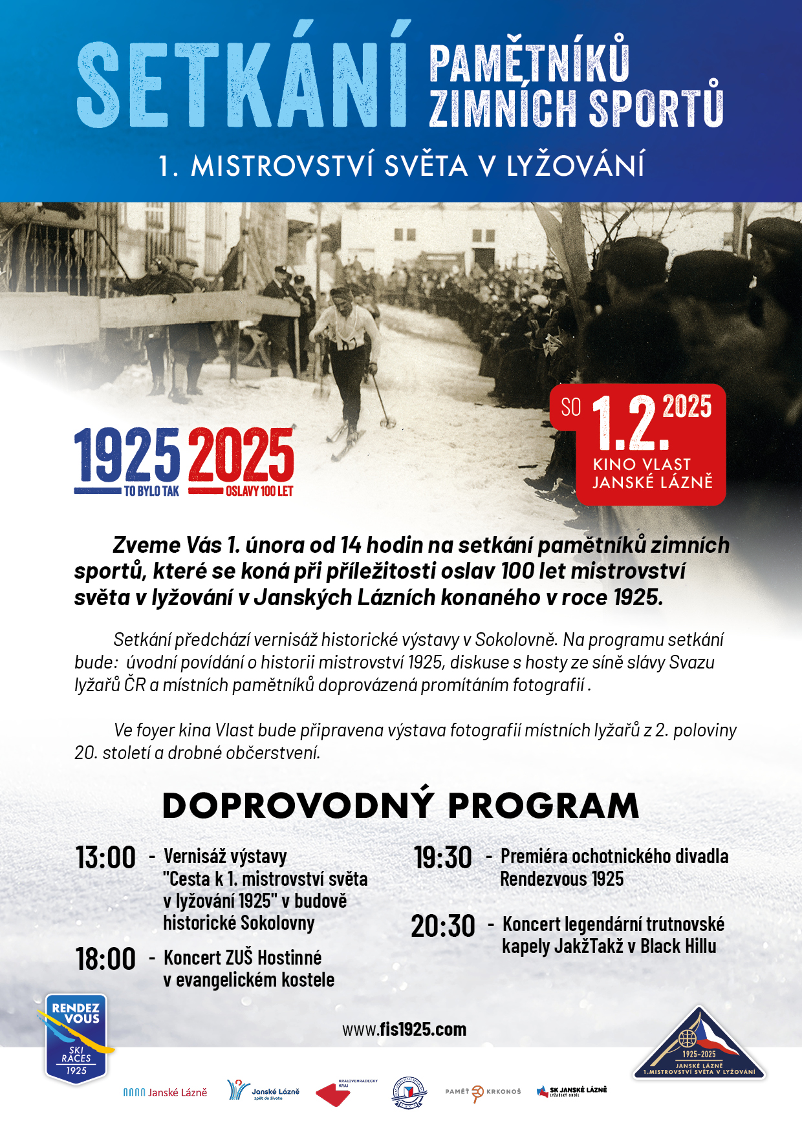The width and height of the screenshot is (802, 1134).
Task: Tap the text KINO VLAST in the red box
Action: [x=642, y=464]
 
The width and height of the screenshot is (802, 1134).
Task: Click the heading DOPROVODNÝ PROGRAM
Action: [x=400, y=806]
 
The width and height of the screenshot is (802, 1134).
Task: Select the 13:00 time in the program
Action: [x=105, y=858]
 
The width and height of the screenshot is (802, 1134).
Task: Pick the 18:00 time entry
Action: [x=105, y=959]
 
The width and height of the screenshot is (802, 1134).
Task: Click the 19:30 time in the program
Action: [x=443, y=858]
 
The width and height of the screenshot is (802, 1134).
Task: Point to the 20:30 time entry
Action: [x=443, y=926]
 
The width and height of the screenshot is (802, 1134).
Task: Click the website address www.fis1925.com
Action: [x=404, y=1029]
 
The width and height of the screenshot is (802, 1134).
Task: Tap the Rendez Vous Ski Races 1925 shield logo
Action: [x=76, y=1039]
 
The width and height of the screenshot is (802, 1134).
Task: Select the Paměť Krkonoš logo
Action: [x=483, y=1092]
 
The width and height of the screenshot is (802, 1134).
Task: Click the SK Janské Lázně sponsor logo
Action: [x=572, y=1091]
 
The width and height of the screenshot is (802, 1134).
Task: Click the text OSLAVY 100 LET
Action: [x=259, y=491]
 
